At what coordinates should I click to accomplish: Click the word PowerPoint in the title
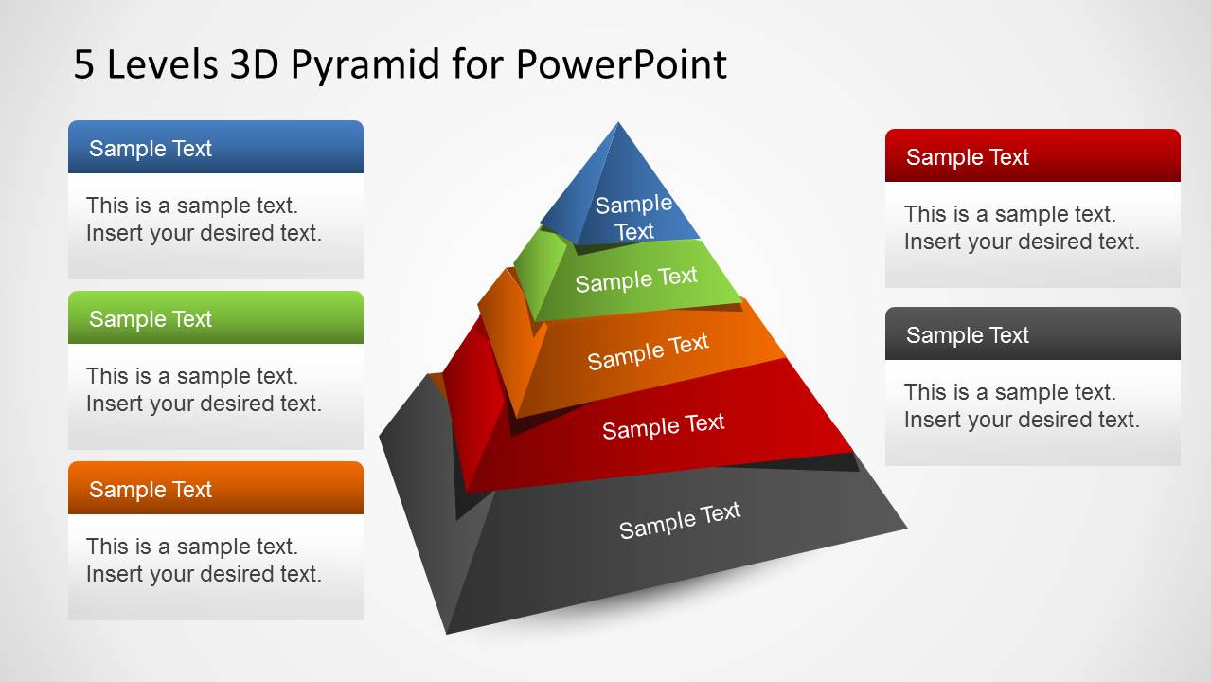point(621,64)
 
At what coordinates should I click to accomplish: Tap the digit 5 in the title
point(84,64)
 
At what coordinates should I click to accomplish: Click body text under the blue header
point(204,219)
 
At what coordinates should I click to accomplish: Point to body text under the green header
point(204,389)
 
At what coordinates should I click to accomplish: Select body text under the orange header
point(204,560)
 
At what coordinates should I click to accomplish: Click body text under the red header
point(1021,227)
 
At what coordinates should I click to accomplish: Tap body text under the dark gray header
point(1021,405)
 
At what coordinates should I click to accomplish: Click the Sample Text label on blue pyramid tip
point(633,217)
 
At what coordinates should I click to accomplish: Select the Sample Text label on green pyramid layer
point(636,279)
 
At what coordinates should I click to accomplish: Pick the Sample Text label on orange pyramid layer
point(648,351)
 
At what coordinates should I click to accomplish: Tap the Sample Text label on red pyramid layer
point(663,426)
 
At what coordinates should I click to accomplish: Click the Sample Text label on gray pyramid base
point(679,520)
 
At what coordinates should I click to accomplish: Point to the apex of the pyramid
point(618,124)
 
